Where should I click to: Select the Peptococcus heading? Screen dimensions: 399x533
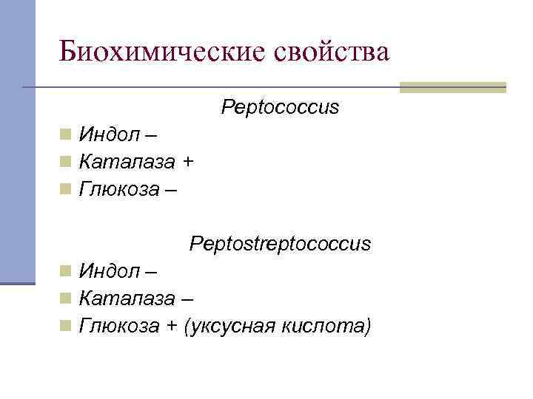pyautogui.click(x=280, y=108)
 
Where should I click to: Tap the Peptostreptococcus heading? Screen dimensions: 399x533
pyautogui.click(x=280, y=243)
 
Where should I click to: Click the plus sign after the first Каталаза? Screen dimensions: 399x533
pyautogui.click(x=188, y=162)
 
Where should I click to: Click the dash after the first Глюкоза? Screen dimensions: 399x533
pyautogui.click(x=171, y=190)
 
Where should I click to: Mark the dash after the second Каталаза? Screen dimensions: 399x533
pyautogui.click(x=188, y=299)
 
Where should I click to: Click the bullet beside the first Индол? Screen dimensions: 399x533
pyautogui.click(x=66, y=134)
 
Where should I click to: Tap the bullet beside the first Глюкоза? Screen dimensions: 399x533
pyautogui.click(x=66, y=189)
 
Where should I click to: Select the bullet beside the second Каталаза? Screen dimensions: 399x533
pyautogui.click(x=66, y=298)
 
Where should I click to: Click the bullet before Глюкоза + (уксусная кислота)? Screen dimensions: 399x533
pyautogui.click(x=66, y=325)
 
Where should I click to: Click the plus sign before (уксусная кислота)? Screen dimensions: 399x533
pyautogui.click(x=171, y=325)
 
